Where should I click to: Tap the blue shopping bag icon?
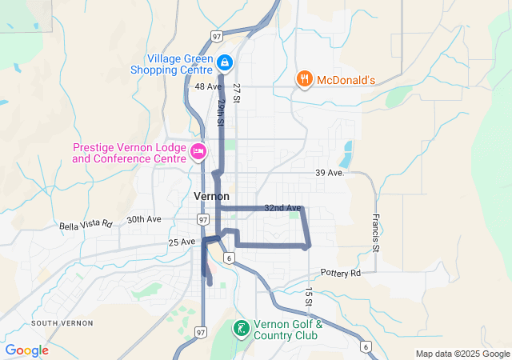point(225,62)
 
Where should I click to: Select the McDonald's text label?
point(346,79)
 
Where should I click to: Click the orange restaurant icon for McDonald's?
point(304,79)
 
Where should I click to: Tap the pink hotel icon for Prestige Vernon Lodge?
point(198,150)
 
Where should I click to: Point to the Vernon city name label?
point(211,196)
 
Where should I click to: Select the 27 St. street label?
point(237,91)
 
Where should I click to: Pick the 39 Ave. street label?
point(330,173)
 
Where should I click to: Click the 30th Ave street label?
point(144,219)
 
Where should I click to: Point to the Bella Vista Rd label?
point(86,226)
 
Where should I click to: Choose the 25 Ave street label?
point(182,242)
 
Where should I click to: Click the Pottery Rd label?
point(341,273)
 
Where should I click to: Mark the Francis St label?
point(374,230)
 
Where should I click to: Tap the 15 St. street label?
point(307,297)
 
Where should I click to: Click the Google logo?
point(26,350)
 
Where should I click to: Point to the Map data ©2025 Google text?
point(462,354)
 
